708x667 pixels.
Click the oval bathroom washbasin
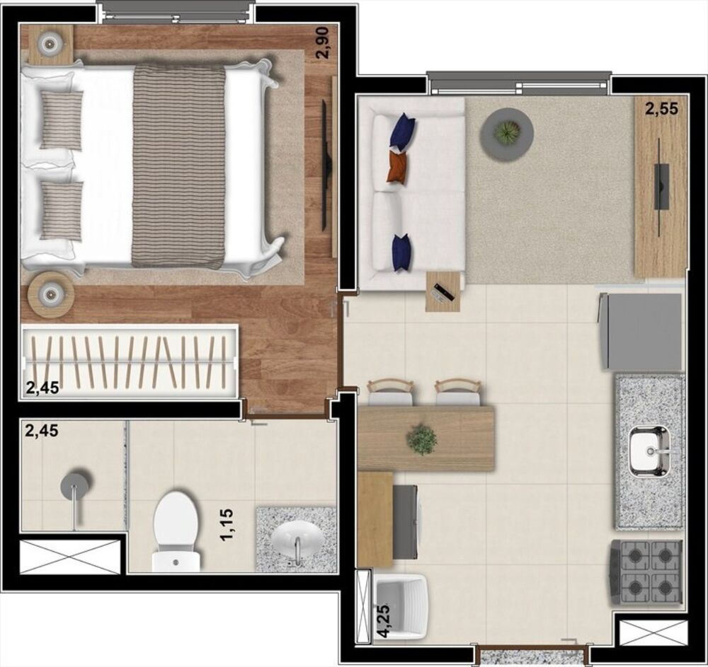click(x=297, y=539)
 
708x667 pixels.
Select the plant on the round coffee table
click(x=507, y=132)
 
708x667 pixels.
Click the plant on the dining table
click(x=422, y=439)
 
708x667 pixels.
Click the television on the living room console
click(x=661, y=186)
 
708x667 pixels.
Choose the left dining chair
click(x=389, y=391)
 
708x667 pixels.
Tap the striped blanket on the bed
click(x=178, y=166)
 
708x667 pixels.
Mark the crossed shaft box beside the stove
click(x=653, y=632)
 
